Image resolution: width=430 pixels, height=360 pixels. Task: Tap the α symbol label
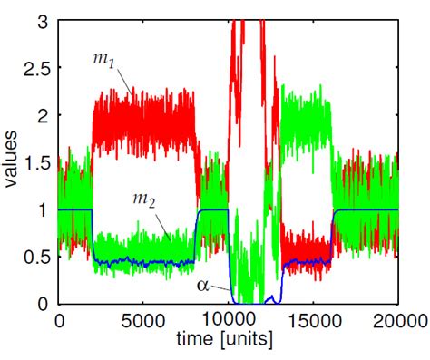click(203, 286)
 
